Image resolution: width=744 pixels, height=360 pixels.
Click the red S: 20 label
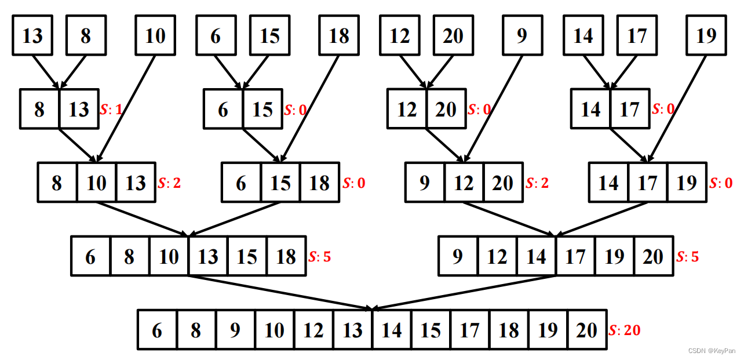(625, 330)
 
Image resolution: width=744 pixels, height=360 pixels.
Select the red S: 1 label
(111, 109)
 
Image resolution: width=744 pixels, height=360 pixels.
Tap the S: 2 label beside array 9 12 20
(537, 183)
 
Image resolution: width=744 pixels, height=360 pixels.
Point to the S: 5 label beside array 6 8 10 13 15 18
(320, 256)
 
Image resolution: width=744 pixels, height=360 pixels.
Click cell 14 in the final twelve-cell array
(392, 330)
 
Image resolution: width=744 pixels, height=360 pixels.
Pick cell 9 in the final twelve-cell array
(235, 330)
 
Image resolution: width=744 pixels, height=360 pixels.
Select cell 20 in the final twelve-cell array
(587, 330)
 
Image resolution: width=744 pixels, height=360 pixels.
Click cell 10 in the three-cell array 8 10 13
(97, 183)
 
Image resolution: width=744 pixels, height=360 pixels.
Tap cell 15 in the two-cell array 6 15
(262, 109)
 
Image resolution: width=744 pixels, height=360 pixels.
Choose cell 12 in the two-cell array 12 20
(407, 109)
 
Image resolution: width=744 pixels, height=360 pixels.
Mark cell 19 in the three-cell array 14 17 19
(687, 183)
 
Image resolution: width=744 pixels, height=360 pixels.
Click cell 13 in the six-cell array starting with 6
(208, 256)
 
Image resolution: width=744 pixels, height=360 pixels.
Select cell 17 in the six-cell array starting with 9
(575, 256)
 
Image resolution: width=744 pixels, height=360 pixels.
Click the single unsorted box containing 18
(339, 36)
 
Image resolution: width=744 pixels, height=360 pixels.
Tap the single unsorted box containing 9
(522, 36)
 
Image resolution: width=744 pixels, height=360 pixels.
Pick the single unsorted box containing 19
(706, 36)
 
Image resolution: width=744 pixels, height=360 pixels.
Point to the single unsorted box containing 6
(216, 36)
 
